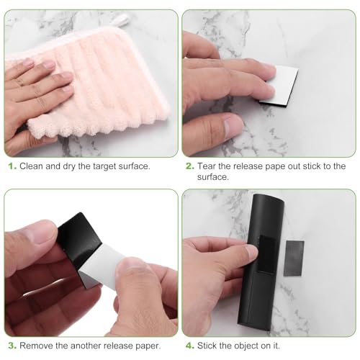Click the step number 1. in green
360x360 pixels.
click(x=12, y=166)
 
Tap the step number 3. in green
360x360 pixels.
click(x=12, y=346)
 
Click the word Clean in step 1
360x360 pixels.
click(x=34, y=166)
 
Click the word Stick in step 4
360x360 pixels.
click(x=215, y=346)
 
